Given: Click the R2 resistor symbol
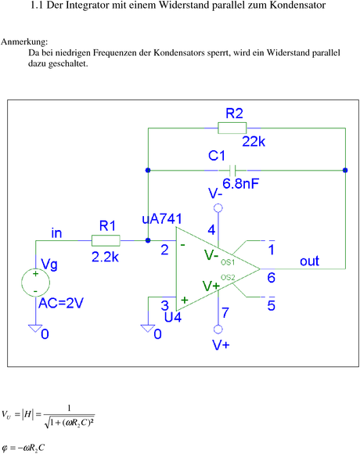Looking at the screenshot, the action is click(x=232, y=128).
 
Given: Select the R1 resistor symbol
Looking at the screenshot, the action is click(x=106, y=240).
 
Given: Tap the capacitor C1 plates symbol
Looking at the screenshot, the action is click(x=232, y=171).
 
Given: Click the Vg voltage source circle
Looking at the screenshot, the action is click(x=35, y=283).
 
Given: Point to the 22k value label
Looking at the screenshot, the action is click(x=254, y=142).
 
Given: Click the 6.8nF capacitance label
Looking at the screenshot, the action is click(x=240, y=184).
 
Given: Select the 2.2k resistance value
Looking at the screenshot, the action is click(x=105, y=257).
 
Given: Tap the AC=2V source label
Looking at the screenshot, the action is click(x=61, y=303).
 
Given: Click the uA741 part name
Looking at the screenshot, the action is click(x=162, y=219).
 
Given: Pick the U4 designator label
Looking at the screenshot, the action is click(x=173, y=317).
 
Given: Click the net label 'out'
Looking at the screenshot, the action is click(x=309, y=261).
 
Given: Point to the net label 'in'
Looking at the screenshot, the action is click(x=56, y=233).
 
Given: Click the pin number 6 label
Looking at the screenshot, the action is click(x=271, y=278).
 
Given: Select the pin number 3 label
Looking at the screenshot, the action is click(x=164, y=305).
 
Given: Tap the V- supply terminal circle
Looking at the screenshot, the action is click(x=218, y=208).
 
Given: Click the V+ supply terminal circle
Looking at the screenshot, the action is click(x=218, y=330).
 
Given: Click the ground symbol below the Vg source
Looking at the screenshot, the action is click(x=35, y=328).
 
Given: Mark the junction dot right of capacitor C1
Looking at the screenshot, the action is click(x=345, y=171).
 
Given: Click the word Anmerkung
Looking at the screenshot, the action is click(x=24, y=42).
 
